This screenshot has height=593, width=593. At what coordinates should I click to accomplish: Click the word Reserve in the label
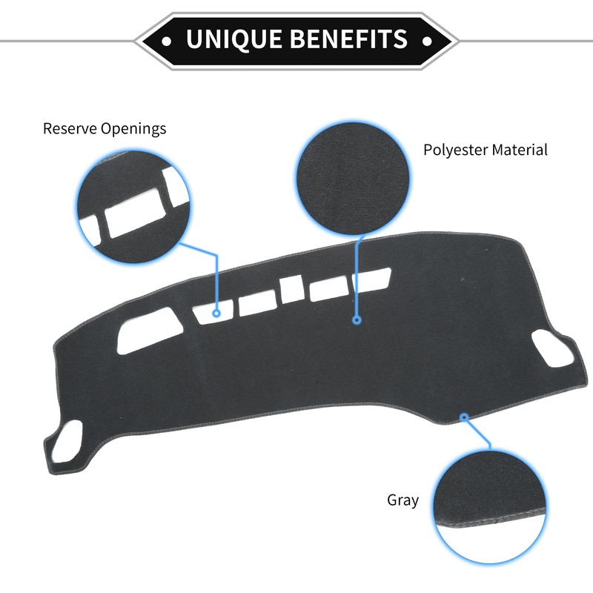71,128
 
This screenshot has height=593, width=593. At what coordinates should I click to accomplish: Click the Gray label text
402,500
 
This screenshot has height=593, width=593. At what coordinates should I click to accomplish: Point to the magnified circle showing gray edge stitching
488,504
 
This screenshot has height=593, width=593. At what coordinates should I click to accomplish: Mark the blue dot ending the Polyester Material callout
357,320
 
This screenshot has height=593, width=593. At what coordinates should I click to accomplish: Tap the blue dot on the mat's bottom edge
464,417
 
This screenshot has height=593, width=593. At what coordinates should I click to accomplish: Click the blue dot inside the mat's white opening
216,314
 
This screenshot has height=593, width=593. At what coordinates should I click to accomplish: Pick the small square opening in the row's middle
291,290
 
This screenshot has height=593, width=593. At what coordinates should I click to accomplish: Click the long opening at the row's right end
350,284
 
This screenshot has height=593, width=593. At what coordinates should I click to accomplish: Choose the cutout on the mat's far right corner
550,345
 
